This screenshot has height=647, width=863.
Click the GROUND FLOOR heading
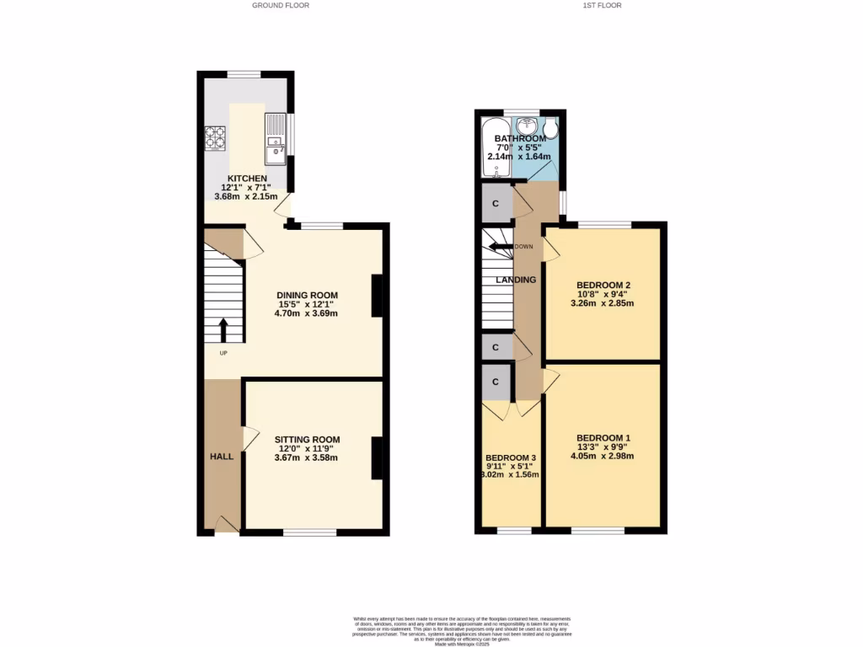(281, 5)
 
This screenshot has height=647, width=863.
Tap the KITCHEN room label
(244, 178)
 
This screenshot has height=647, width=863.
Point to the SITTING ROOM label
(307, 439)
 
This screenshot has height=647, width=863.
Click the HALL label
(222, 456)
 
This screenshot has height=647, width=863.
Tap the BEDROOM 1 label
(603, 437)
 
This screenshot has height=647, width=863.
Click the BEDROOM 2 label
(603, 284)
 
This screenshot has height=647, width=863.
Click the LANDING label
(515, 280)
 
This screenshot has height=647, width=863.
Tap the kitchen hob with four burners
(215, 136)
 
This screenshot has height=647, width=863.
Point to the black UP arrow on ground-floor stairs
(223, 329)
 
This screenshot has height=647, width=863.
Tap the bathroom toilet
(551, 129)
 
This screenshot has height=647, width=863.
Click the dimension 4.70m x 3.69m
(306, 313)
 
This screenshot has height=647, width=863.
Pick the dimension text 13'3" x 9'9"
(603, 447)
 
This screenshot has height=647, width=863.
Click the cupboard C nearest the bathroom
(496, 204)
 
